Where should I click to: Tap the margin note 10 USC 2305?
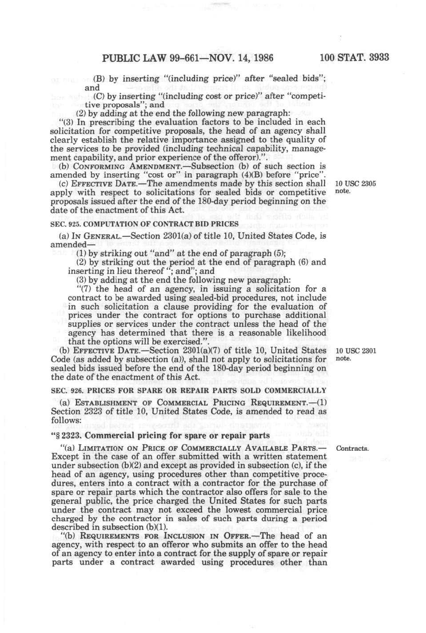tap(355, 184)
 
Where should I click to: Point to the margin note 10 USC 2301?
tap(355, 351)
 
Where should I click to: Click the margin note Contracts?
tap(352, 449)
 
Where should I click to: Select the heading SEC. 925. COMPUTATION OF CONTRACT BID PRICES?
tap(144, 224)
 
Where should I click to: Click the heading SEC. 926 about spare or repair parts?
tap(188, 390)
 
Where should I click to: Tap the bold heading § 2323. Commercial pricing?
tap(160, 435)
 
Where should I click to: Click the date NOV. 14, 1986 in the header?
tap(244, 58)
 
